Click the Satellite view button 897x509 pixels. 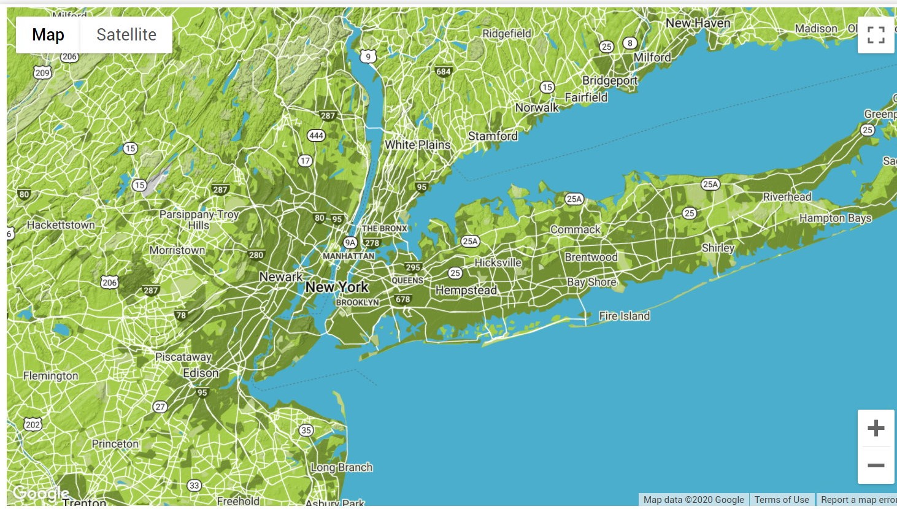click(x=126, y=35)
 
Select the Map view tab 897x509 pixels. click(x=48, y=35)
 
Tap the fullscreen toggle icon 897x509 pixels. click(x=876, y=35)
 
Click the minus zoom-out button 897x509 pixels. click(x=876, y=465)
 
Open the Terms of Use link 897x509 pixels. click(x=781, y=500)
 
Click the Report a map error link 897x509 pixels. click(x=858, y=500)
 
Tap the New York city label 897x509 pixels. click(x=337, y=287)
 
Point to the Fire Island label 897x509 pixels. click(x=624, y=316)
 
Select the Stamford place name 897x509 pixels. click(x=493, y=136)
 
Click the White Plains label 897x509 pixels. click(x=417, y=145)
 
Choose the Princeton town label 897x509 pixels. click(x=115, y=443)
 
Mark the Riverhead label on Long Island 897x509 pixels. click(x=787, y=197)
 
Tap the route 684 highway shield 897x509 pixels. click(x=443, y=71)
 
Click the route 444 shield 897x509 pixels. click(x=316, y=136)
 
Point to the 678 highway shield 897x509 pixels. click(x=403, y=299)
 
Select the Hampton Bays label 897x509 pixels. click(x=835, y=218)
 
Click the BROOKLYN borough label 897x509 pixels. click(x=357, y=302)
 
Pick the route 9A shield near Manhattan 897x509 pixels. click(x=350, y=243)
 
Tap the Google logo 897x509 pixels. click(x=40, y=493)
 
